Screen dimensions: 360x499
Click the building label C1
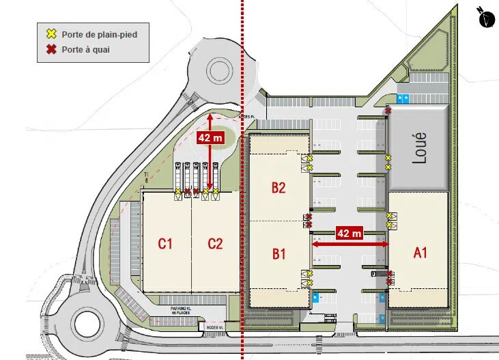pyautogui.click(x=165, y=243)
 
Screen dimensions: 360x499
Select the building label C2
pyautogui.click(x=216, y=243)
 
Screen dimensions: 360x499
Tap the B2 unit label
pyautogui.click(x=278, y=187)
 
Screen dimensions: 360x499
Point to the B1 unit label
pyautogui.click(x=279, y=254)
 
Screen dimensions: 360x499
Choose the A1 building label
pyautogui.click(x=420, y=252)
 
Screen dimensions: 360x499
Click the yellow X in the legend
pyautogui.click(x=51, y=33)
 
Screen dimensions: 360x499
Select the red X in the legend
pyautogui.click(x=51, y=49)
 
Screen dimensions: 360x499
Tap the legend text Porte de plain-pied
pyautogui.click(x=95, y=33)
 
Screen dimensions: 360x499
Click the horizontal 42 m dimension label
pyautogui.click(x=350, y=234)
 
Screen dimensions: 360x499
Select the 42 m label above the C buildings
pyautogui.click(x=210, y=137)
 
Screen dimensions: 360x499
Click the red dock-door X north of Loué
pyautogui.click(x=388, y=111)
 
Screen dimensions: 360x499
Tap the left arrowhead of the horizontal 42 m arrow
pyautogui.click(x=315, y=243)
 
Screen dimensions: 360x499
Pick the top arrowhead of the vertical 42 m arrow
pyautogui.click(x=210, y=117)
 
